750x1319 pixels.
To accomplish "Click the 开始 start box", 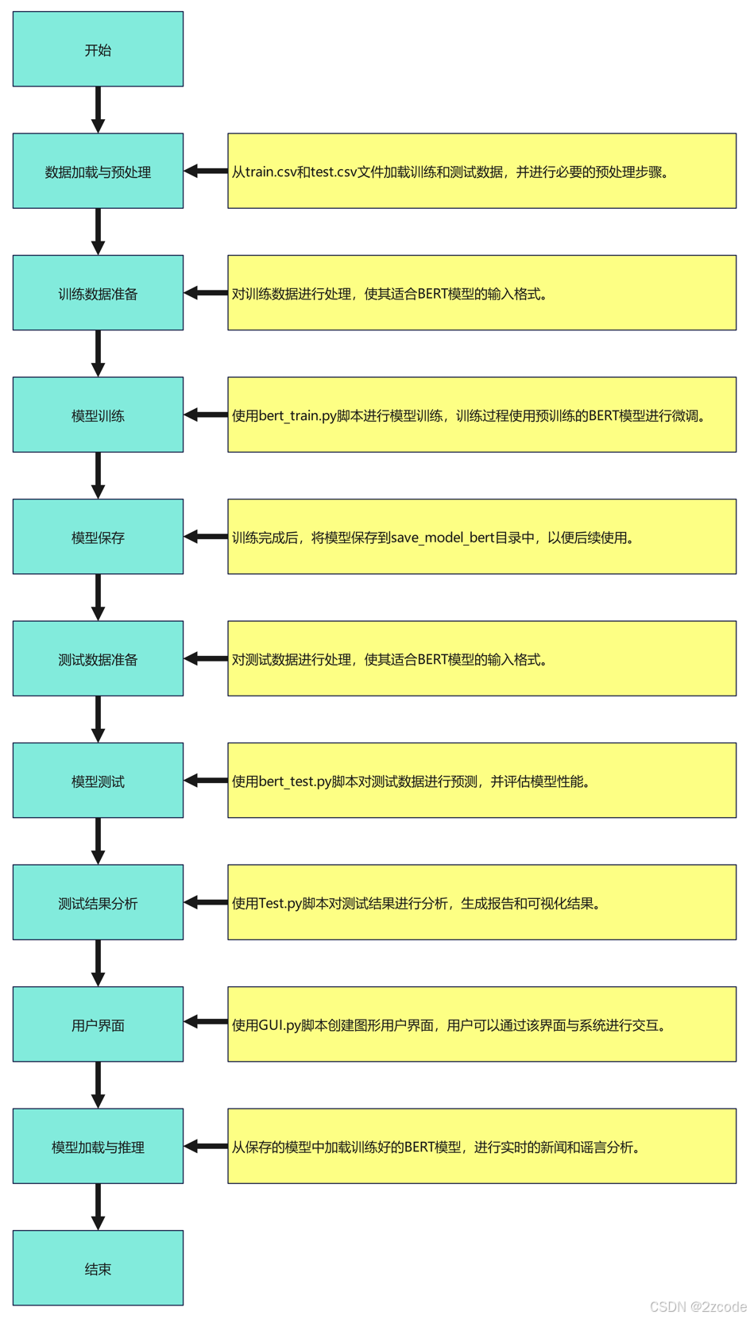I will pyautogui.click(x=98, y=49).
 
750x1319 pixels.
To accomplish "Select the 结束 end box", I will pyautogui.click(x=98, y=1268).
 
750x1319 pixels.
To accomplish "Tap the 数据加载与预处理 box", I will pyautogui.click(x=98, y=172).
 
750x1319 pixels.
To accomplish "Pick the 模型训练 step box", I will pyautogui.click(x=98, y=415).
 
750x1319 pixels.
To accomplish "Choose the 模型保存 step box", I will pyautogui.click(x=98, y=537).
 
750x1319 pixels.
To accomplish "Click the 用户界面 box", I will pyautogui.click(x=98, y=1024).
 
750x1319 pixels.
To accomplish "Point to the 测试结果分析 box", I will pyautogui.click(x=98, y=903).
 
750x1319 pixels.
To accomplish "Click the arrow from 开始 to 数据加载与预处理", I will pyautogui.click(x=98, y=110).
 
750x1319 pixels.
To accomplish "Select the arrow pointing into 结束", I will pyautogui.click(x=98, y=1206).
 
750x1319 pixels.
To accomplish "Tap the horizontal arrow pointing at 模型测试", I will pyautogui.click(x=206, y=781).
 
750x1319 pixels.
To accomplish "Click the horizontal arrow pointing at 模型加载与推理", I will pyautogui.click(x=206, y=1146).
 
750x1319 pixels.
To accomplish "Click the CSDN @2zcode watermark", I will pyautogui.click(x=698, y=1306).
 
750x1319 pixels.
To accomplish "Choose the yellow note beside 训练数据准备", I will pyautogui.click(x=481, y=293).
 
